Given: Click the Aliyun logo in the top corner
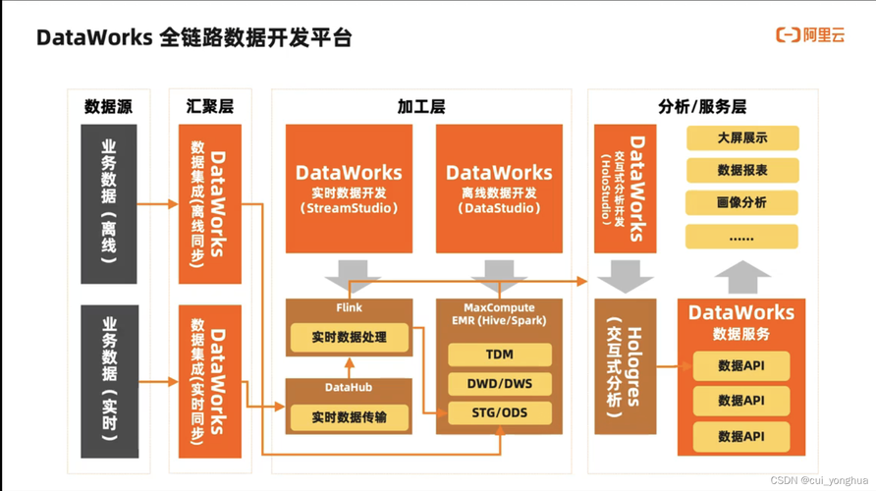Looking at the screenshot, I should pyautogui.click(x=810, y=35).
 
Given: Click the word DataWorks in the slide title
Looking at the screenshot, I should pyautogui.click(x=94, y=38).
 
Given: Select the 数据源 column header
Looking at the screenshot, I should pyautogui.click(x=108, y=106).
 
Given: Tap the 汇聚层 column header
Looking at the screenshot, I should pyautogui.click(x=209, y=106).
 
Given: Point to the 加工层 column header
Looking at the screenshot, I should pyautogui.click(x=420, y=106).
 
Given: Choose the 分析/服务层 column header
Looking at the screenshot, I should pyautogui.click(x=701, y=106).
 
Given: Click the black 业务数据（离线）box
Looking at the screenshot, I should pyautogui.click(x=109, y=203).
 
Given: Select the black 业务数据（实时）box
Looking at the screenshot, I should pyautogui.click(x=109, y=382).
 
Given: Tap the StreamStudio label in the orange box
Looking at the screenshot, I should pyautogui.click(x=349, y=208).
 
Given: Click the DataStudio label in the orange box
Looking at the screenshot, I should pyautogui.click(x=499, y=208).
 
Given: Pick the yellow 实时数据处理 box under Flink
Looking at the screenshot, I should pyautogui.click(x=349, y=337).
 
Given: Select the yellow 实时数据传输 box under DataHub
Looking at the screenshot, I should pyautogui.click(x=349, y=417).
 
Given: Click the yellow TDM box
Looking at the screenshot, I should pyautogui.click(x=499, y=355).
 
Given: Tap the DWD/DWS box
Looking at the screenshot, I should pyautogui.click(x=499, y=384).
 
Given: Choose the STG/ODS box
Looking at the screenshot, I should pyautogui.click(x=499, y=412).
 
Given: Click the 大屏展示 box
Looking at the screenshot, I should pyautogui.click(x=741, y=138).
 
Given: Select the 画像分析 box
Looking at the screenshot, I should pyautogui.click(x=741, y=202).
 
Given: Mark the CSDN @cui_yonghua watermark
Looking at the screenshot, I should pyautogui.click(x=820, y=480).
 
